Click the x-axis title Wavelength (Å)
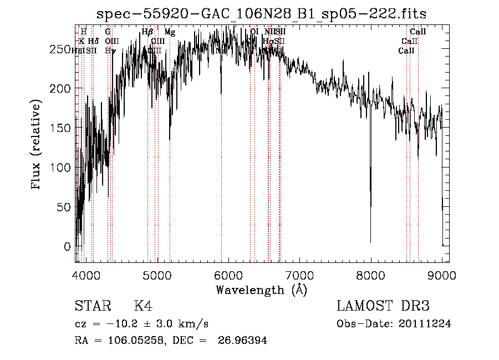261,290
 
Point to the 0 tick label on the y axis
67,246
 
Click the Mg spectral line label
170,32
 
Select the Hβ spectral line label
147,32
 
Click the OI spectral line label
254,32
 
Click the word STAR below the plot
93,306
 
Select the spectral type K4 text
143,306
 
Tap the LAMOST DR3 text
383,306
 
